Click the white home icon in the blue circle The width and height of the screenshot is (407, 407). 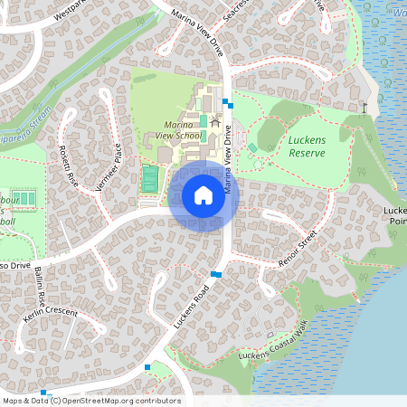(x=203, y=195)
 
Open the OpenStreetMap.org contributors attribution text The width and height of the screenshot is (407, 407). (x=121, y=401)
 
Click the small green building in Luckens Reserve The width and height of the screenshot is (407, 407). (x=252, y=147)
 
